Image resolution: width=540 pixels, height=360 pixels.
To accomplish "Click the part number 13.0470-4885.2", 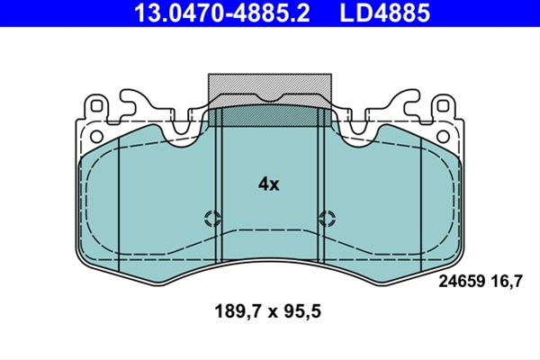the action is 222,13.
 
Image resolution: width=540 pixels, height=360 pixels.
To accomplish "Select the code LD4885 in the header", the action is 385,13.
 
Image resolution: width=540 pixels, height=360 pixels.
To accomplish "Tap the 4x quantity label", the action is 269,184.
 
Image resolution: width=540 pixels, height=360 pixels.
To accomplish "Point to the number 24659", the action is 462,281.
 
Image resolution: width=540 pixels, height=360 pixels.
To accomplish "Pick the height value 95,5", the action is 301,311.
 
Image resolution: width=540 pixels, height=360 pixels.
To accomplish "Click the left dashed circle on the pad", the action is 212,218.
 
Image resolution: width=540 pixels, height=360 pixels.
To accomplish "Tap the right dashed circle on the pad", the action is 327,218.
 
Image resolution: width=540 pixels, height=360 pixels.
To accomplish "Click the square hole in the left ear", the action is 97,106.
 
